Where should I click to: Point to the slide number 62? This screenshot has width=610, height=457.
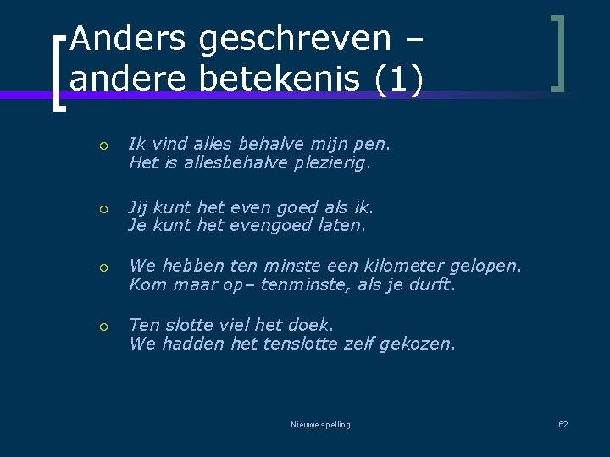pos(563,424)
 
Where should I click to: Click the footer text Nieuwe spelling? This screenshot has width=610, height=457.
pos(320,424)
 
